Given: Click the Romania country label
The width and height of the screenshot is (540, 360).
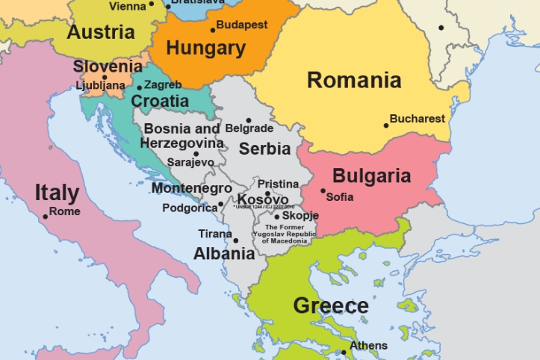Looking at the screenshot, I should pos(354,80).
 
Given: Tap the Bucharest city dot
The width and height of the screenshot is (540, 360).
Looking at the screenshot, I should pos(387,125).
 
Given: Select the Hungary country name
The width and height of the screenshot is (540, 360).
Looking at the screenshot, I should pos(205,49).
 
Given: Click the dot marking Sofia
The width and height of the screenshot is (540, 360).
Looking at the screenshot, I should pos(323,191).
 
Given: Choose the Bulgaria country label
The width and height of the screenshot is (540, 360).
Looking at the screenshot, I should pos(371,176).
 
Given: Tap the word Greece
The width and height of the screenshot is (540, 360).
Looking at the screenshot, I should pos(331,305).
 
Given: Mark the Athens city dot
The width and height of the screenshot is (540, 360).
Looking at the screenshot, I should pos(344,352).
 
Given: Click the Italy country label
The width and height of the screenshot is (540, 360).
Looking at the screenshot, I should pos(57,193).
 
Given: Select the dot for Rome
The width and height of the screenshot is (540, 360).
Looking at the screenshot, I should pos(46,217).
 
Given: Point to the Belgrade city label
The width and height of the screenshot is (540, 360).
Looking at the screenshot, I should pos(249,128).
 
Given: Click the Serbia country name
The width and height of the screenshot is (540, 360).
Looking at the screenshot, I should pos(264,149).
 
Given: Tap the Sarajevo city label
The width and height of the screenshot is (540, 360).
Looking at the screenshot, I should pos(190,161).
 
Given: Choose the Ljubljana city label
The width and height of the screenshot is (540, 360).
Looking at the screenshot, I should pos(100,85).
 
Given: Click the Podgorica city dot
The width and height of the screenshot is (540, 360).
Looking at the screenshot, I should pos(220,204).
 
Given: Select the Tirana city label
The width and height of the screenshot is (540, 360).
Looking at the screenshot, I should pos(214,234).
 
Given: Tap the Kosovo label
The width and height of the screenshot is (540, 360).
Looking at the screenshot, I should pos(263,199).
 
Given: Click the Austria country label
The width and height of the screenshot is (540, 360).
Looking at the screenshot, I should pos(101,32).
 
